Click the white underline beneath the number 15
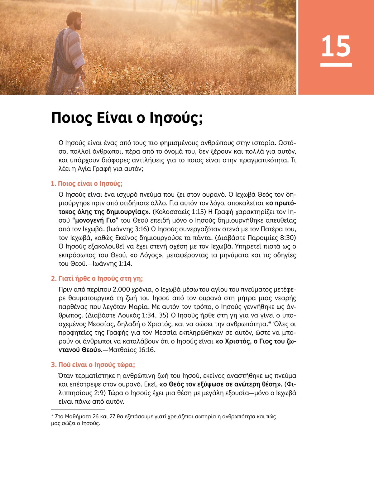(336, 65)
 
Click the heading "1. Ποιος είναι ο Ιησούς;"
(87, 184)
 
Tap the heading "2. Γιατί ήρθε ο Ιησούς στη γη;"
(97, 278)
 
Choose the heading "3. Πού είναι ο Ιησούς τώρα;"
(93, 365)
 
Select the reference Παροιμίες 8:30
(271, 238)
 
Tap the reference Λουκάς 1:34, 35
(145, 315)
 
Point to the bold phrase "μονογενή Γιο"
(95, 221)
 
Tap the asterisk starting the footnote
(52, 416)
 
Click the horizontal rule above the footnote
(78, 410)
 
